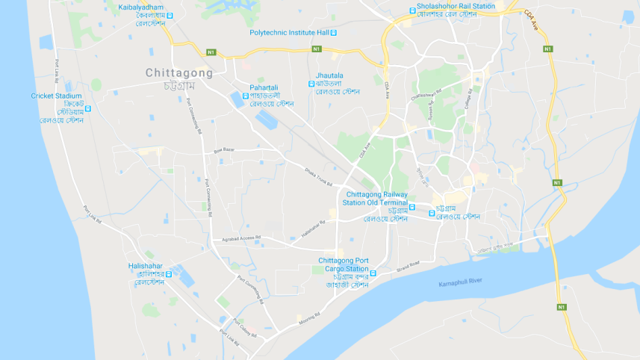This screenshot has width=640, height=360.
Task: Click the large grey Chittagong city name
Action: (x=178, y=73)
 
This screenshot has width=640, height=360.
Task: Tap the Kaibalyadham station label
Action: (x=140, y=7)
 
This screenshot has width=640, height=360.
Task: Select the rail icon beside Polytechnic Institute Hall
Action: (x=333, y=33)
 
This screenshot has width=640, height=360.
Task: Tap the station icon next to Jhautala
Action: (x=311, y=84)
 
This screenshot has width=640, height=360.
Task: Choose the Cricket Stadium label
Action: (x=56, y=96)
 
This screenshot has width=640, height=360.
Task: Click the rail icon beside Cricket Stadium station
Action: (x=88, y=109)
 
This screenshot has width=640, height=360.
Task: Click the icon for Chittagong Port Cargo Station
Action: (x=373, y=273)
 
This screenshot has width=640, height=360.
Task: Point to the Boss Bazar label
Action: (x=224, y=150)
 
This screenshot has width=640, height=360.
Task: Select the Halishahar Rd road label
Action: (x=314, y=229)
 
